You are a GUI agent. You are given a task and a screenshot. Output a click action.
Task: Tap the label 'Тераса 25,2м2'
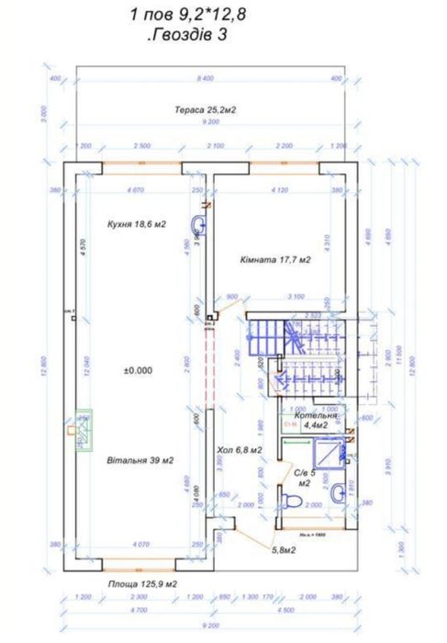[x=206, y=109]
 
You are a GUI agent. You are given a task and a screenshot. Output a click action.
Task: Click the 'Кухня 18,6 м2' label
[x=137, y=223]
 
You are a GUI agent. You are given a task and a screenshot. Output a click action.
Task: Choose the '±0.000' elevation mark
[x=138, y=370]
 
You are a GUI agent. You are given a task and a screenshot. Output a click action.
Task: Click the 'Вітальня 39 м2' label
[x=140, y=459]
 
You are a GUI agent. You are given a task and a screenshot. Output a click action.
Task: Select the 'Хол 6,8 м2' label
[x=240, y=450]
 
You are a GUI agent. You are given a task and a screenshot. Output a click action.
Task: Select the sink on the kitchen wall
[x=196, y=227]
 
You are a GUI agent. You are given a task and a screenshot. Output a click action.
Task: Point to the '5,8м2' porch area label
[x=283, y=550]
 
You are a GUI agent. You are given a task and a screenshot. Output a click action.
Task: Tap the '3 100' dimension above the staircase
[x=296, y=297]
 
